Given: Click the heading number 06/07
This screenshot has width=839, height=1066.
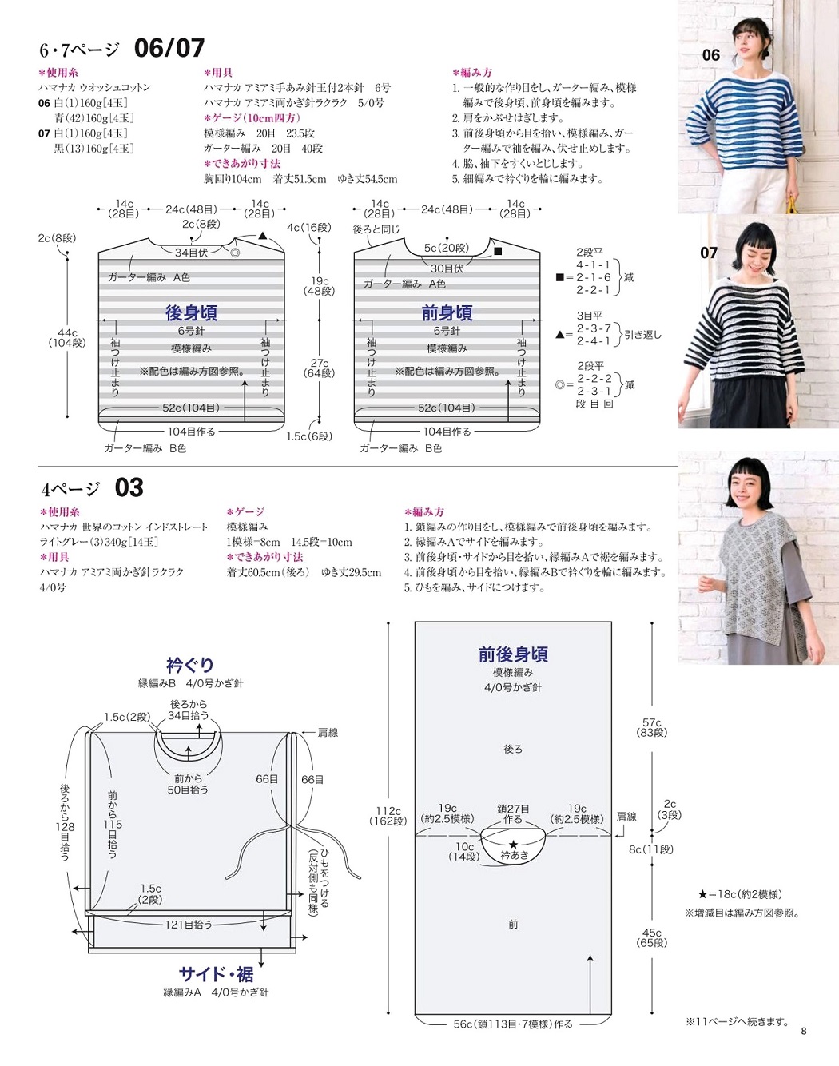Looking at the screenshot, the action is tap(169, 48).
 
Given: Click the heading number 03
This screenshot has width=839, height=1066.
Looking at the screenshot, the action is tap(129, 487).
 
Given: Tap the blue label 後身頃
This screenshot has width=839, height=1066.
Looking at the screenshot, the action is tap(191, 312).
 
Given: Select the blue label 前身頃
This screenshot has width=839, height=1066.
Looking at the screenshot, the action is tap(447, 312).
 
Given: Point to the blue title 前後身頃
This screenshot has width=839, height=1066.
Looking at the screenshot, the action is tap(513, 654).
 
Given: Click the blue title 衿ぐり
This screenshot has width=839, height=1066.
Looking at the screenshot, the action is tap(190, 665).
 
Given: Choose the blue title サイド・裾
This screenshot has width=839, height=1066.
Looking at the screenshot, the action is tap(216, 974).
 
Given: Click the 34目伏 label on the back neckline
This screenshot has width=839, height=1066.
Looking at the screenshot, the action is tap(191, 253).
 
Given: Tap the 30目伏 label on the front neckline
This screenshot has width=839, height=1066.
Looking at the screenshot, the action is tap(447, 268).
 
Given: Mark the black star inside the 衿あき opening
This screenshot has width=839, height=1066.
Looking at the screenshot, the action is tap(513, 844).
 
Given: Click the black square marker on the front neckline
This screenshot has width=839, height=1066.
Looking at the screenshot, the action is tap(498, 251).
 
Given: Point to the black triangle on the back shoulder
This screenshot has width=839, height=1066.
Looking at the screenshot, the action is tap(263, 236).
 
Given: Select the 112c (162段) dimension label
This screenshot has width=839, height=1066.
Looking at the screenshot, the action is tap(388, 816).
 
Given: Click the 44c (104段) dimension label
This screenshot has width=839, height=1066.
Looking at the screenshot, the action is tap(67, 337).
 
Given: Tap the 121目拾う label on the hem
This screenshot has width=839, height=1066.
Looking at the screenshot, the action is tap(189, 925).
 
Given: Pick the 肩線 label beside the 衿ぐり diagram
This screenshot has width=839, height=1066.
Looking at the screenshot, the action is tap(328, 733).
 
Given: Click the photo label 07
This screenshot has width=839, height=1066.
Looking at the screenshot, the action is tap(709, 253).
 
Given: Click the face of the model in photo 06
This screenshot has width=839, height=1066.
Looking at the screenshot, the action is tap(749, 38).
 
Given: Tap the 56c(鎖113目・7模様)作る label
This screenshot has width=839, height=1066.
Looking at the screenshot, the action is tap(513, 1024).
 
